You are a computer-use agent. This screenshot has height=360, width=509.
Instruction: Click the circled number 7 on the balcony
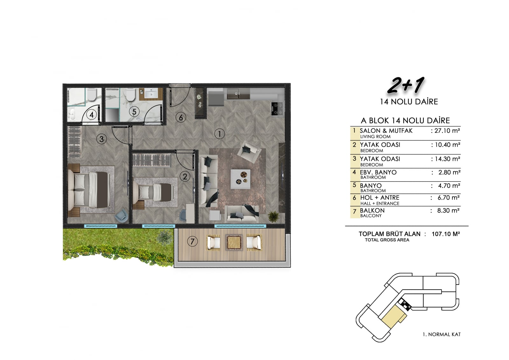coord(192,241)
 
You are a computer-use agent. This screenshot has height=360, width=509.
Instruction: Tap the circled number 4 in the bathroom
coord(92,115)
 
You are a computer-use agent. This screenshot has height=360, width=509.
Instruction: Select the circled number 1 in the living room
coord(220,134)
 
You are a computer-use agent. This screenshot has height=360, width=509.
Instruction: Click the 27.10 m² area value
coord(447,131)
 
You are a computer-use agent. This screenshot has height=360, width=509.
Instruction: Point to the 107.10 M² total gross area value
coord(446,234)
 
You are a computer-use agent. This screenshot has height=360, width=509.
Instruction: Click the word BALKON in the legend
coord(372,211)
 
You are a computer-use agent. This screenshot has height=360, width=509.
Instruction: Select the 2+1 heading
coord(406,85)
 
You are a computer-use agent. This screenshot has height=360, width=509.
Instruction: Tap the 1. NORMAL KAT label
coord(442,334)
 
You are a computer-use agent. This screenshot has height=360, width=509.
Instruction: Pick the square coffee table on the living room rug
coord(241,179)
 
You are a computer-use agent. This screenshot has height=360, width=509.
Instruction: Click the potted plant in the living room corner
coord(274,216)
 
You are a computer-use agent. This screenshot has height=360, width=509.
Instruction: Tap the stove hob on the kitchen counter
coord(277,109)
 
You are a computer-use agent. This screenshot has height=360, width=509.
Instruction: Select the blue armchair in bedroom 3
coord(122,215)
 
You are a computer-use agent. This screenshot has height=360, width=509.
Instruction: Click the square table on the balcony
coord(234,243)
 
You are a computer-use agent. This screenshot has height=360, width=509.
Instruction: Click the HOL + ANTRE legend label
coord(380,198)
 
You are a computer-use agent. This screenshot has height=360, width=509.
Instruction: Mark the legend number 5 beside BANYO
coord(354,185)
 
